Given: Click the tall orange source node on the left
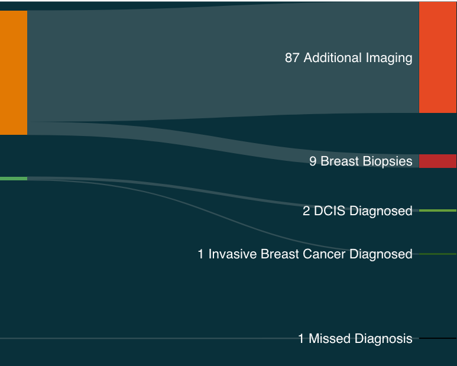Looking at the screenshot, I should pos(13,72).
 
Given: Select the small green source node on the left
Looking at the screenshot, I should pos(13,178).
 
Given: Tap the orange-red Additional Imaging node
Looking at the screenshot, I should pos(437,57).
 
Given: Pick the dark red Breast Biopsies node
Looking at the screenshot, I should pos(437,161).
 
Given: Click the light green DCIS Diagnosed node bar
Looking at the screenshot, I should pos(437,210).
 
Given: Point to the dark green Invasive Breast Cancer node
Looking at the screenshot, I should pos(437,254).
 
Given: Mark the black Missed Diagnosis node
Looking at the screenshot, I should pos(437,338).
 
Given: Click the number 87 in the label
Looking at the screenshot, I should pos(292,58).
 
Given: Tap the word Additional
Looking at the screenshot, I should pos(332,58).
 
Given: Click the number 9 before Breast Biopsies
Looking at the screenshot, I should pos(313,161).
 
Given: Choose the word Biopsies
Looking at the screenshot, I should pos(387,161).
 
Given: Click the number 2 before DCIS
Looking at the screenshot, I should pos(306,210).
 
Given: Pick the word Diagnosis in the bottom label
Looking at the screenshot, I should pos(384,339).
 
